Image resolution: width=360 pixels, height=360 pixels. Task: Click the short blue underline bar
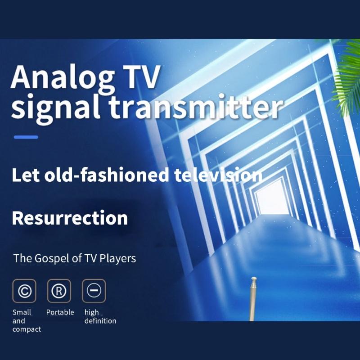coord(26,137)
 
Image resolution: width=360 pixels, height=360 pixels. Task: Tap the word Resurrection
coord(70,218)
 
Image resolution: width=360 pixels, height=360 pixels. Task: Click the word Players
coord(117,258)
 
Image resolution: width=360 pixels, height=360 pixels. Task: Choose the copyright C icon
coord(24,291)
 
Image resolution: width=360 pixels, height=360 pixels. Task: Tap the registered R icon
coord(59,291)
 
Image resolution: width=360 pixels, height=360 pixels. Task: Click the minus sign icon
coord(94,291)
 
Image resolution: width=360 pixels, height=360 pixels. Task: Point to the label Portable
coord(60,312)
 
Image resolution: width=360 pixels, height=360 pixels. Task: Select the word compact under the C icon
coord(27,329)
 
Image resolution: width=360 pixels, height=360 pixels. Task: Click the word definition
coord(100,321)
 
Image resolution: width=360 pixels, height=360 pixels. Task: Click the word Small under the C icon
coord(22,312)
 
